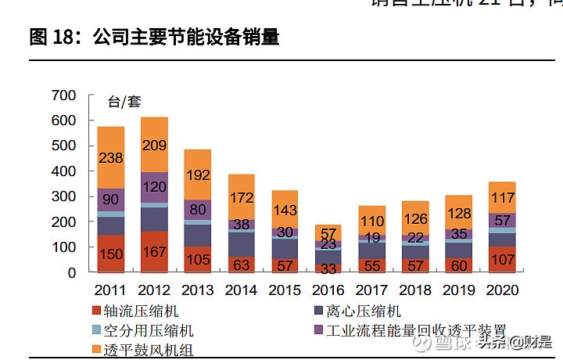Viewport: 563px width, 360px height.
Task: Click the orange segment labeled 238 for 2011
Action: (x=111, y=157)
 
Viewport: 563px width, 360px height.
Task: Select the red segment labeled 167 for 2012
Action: (x=154, y=252)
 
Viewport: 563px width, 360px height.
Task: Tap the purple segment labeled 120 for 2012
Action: (x=154, y=188)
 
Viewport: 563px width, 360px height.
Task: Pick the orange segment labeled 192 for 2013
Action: (x=197, y=175)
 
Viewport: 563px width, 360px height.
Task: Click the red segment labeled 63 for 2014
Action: (x=240, y=264)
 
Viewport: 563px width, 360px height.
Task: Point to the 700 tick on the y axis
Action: (x=63, y=95)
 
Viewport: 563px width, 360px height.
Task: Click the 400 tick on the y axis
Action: (x=63, y=171)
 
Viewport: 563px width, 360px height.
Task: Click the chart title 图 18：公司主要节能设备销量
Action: (x=154, y=37)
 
